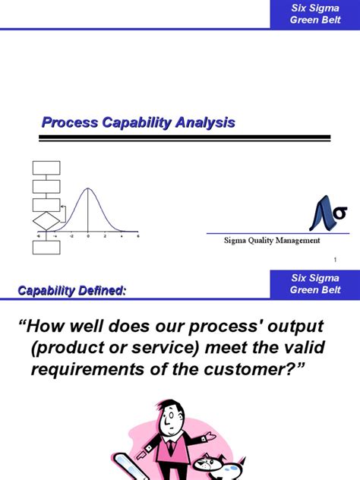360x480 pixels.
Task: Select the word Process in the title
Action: point(66,122)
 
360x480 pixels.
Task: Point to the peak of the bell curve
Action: point(88,188)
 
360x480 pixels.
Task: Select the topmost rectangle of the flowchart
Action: point(46,168)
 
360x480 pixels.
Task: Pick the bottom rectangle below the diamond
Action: point(46,247)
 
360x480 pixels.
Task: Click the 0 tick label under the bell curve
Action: point(88,236)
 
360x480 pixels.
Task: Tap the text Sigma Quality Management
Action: point(271,240)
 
